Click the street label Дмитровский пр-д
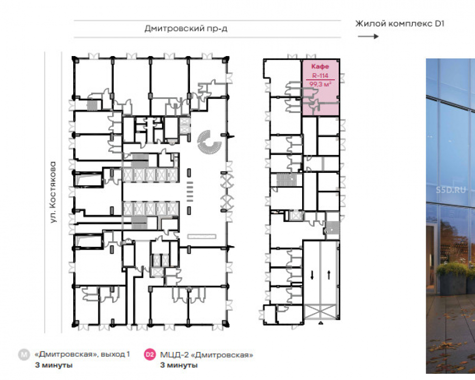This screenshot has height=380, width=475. coord(186,28)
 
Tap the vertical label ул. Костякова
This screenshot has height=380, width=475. coord(53,192)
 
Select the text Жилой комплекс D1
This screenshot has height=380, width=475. coord(399,24)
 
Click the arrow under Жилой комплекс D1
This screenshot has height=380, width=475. coord(368,37)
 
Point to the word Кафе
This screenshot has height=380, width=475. coord(320,66)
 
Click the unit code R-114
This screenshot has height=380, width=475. coord(320,76)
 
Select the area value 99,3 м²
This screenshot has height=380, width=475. coord(320,84)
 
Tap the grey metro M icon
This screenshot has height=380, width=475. coord(24,354)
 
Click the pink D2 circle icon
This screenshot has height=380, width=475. coord(150,354)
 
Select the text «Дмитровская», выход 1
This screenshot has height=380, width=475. coord(82,354)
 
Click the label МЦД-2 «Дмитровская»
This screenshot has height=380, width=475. coord(207,354)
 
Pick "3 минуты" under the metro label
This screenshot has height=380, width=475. coord(54,365)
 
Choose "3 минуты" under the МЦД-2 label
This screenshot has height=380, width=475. coord(179,365)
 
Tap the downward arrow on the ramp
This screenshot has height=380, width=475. coord(312,275)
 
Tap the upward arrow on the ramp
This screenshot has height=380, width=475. coord(329,275)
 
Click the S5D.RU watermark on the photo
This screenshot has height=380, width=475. coord(450,190)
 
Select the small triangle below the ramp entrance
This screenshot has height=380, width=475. coord(321,323)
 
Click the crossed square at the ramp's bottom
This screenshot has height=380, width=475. coord(320,312)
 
